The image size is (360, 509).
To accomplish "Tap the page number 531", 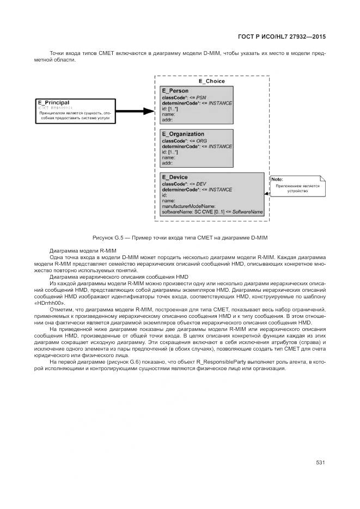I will click(320, 463).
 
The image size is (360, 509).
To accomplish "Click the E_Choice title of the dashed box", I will click(211, 81).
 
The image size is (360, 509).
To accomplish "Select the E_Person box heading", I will click(175, 91).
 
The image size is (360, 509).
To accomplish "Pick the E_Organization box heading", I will click(183, 134).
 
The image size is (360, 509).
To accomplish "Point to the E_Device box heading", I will click(175, 177).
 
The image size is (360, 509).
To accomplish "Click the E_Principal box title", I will click(53, 102).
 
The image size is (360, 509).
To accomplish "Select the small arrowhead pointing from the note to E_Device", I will click(267, 193).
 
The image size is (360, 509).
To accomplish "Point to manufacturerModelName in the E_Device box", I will click(189, 206).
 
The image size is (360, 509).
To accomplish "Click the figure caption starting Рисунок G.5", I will click(180, 238).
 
